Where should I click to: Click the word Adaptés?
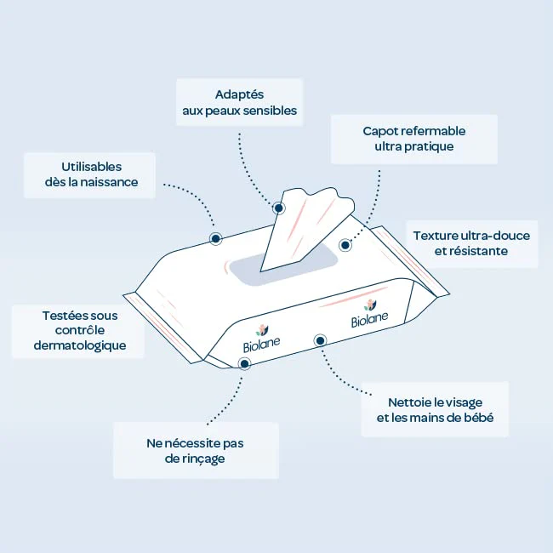point(239,95)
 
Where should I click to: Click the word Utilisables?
point(92,167)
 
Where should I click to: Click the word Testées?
point(63,316)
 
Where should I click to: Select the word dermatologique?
point(80,345)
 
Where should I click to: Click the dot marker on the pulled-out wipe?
point(278,208)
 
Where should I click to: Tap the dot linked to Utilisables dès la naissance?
point(215,239)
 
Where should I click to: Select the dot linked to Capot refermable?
point(345,245)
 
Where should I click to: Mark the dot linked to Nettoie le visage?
point(320,340)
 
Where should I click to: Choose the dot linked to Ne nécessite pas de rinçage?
point(244,363)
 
